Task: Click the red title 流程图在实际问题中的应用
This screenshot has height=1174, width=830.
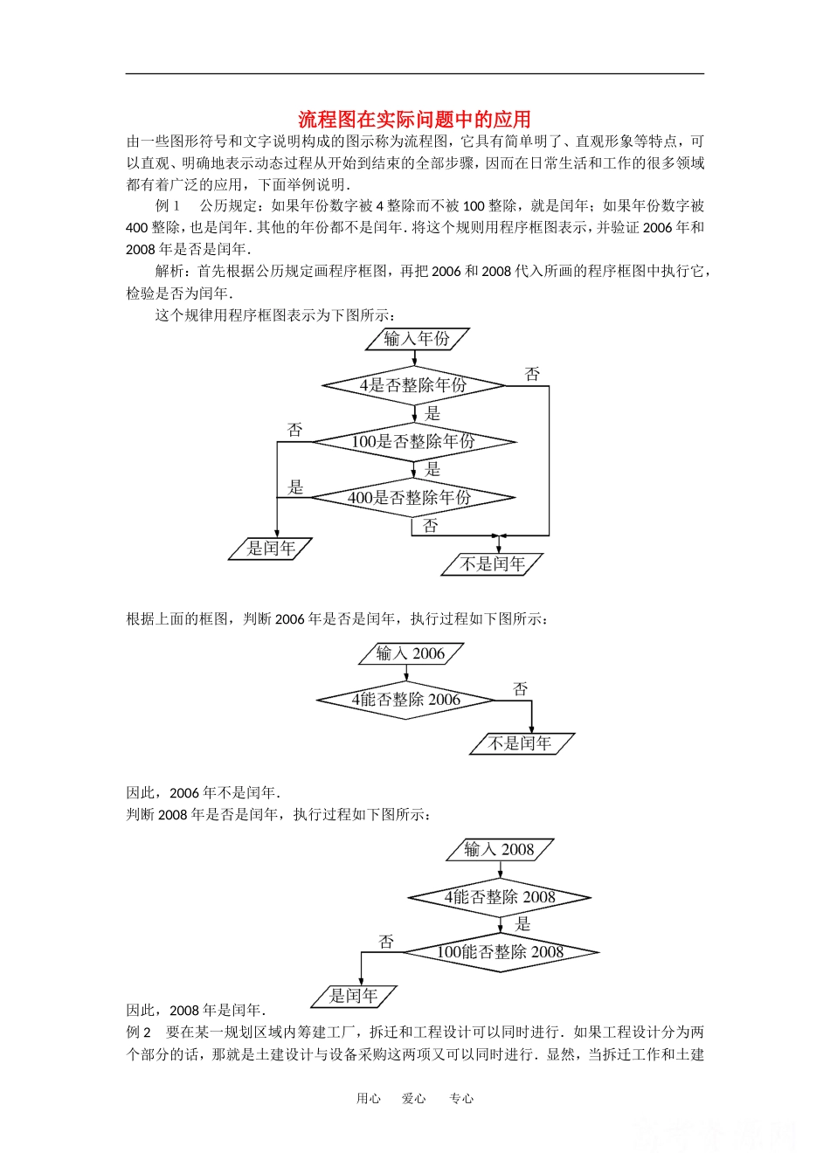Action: click(414, 119)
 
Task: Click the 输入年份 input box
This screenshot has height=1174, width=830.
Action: click(417, 339)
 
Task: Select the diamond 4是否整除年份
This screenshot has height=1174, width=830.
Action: click(413, 385)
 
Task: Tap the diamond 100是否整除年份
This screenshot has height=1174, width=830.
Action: click(413, 442)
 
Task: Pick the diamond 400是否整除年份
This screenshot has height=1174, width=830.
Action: click(412, 498)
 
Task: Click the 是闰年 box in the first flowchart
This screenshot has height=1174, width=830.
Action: click(270, 549)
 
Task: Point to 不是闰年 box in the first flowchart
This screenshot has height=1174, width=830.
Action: click(492, 564)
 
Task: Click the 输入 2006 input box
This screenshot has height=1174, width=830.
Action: click(411, 653)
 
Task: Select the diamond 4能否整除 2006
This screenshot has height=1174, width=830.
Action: click(406, 700)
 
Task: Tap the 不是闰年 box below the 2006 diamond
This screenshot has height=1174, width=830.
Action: click(521, 744)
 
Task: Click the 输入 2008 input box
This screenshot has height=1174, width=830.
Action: click(500, 849)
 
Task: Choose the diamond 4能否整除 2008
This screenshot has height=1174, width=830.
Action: click(500, 897)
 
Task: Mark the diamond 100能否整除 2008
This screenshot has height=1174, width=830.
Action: click(500, 952)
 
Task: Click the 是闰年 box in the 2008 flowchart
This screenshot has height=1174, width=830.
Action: click(354, 996)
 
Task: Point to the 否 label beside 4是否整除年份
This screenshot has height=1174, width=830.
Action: click(532, 375)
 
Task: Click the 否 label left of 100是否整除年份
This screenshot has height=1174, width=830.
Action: click(295, 430)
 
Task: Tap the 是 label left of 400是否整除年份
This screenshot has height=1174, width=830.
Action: click(295, 487)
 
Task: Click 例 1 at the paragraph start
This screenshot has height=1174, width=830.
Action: click(167, 206)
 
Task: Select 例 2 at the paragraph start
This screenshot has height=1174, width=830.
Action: click(138, 1032)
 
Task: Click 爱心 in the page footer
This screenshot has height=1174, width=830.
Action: click(414, 1099)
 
